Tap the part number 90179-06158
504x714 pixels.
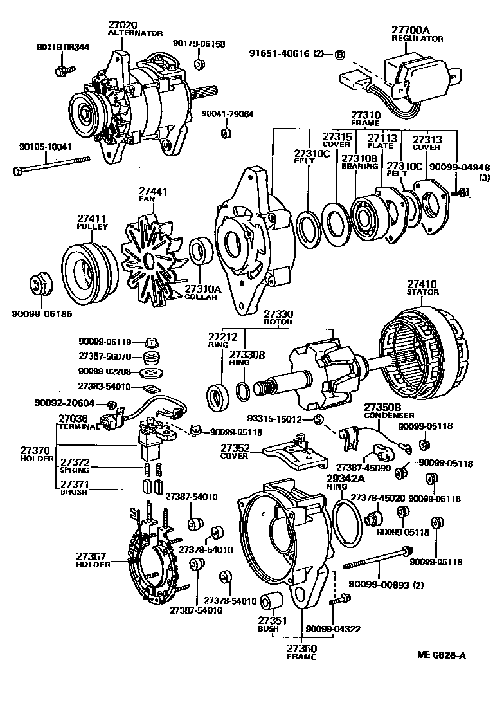[199, 44]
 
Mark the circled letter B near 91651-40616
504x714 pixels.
[340, 54]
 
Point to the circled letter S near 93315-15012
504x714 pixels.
[317, 420]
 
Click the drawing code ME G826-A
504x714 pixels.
[441, 655]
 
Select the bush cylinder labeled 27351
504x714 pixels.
[273, 601]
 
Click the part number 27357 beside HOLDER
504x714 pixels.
[91, 556]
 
